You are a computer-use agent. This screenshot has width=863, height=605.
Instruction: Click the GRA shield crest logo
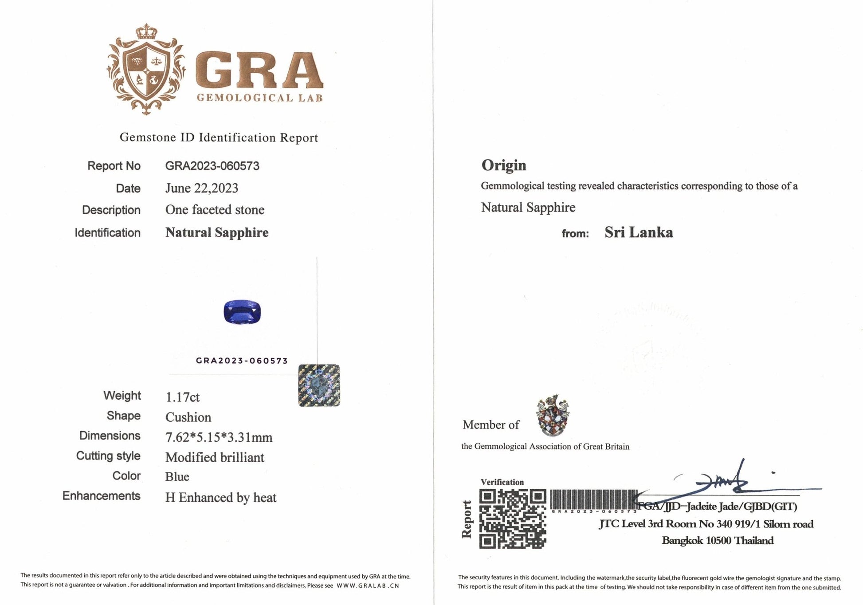[x=146, y=69]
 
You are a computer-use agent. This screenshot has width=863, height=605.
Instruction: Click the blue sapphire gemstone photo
[x=242, y=312]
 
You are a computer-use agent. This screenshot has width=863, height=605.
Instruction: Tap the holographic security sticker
[x=319, y=385]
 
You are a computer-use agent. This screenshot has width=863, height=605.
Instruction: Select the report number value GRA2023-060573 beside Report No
[x=212, y=166]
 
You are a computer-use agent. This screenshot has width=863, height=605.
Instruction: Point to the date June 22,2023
[x=201, y=188]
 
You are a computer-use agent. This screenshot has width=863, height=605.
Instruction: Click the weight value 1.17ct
[x=182, y=397]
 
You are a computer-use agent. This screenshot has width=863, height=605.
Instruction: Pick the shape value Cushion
[x=188, y=417]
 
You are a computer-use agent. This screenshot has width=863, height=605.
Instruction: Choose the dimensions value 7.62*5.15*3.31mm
[x=219, y=437]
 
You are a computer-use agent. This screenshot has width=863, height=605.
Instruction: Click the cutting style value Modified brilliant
[x=215, y=457]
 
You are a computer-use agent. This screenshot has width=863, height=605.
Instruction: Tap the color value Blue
[x=177, y=477]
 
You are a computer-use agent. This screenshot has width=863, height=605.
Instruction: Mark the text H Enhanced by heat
[x=220, y=498]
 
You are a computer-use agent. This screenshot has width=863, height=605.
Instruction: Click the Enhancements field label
[x=101, y=496]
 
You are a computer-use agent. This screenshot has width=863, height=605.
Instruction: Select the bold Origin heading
[x=504, y=165]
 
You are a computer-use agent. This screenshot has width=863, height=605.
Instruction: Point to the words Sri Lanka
[x=638, y=232]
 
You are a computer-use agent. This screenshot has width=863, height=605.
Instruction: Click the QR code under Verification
[x=512, y=519]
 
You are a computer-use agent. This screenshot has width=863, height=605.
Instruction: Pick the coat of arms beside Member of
[x=553, y=415]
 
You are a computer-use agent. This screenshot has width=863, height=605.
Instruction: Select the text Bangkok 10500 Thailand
[x=718, y=541]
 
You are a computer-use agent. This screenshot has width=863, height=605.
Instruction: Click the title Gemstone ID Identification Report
[x=219, y=137]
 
